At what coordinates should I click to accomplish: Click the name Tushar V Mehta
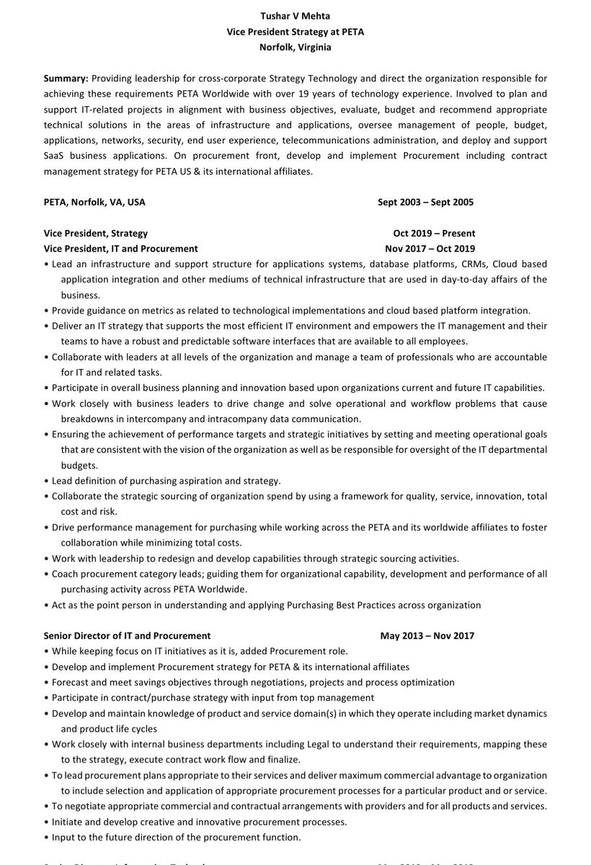(x=295, y=16)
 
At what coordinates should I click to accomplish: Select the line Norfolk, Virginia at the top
(x=295, y=47)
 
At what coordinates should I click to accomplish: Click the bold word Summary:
(x=66, y=78)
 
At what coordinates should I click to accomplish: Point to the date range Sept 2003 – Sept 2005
(x=425, y=202)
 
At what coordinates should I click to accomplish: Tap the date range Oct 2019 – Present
(x=434, y=233)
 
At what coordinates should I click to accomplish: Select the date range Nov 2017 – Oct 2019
(x=430, y=248)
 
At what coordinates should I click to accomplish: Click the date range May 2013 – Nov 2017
(x=427, y=636)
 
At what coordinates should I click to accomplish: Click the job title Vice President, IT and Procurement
(x=120, y=248)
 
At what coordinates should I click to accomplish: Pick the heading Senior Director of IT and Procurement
(x=127, y=636)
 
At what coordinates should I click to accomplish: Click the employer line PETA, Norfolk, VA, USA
(x=94, y=202)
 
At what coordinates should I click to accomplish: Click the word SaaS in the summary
(x=55, y=156)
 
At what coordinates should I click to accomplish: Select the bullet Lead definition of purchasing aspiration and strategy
(x=166, y=481)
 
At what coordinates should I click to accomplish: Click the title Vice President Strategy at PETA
(x=295, y=32)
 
